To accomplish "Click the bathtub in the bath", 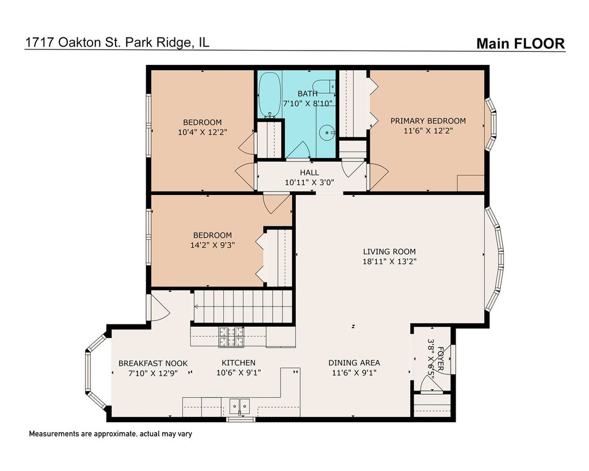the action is (269, 94).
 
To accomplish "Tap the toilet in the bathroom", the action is (324, 86).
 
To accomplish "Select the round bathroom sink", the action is (327, 132).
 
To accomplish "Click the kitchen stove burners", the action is (231, 336).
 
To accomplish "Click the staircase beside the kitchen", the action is (243, 307).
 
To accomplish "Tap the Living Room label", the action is (389, 252).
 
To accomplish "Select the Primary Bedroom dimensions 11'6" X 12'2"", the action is (428, 131).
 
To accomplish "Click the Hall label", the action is (309, 173).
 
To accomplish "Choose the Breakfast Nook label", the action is (153, 363).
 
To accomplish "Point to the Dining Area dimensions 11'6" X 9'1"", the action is (354, 373).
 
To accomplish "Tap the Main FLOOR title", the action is (521, 44).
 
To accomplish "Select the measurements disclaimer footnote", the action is (110, 434).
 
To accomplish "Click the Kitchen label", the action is (239, 363).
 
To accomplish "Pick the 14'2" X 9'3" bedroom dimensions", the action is (213, 245).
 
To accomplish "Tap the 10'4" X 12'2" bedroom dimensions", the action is (202, 132).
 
